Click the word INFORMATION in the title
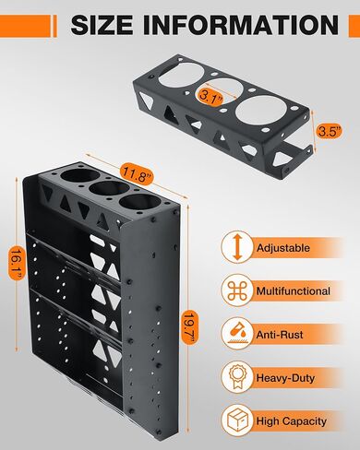[232, 26]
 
